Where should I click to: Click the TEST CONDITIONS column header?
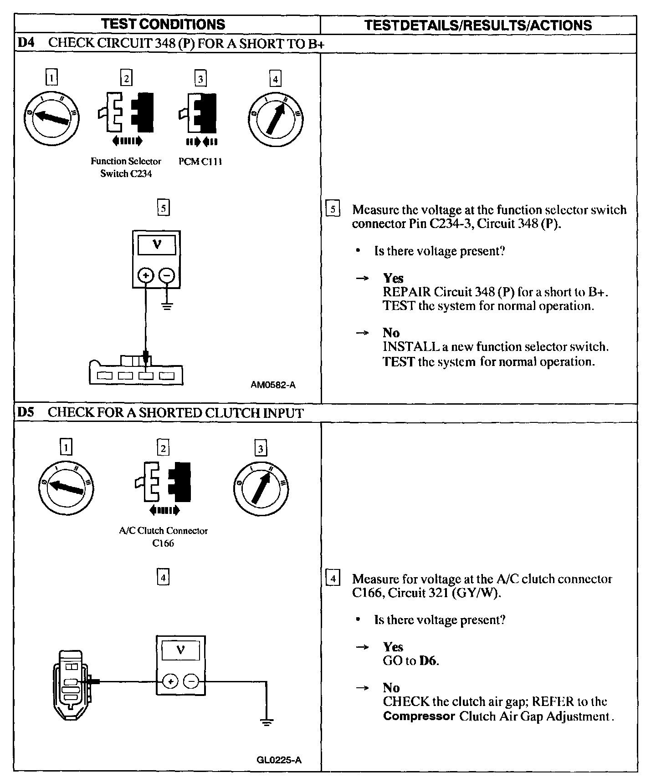[163, 24]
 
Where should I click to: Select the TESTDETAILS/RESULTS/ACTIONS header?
[478, 25]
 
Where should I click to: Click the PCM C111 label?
[200, 162]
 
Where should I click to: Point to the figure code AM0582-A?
[273, 385]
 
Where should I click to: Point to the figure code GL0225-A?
[279, 760]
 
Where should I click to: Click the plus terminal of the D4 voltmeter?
[145, 275]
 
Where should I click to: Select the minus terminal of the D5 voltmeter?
[191, 681]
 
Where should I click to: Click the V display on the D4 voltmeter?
[157, 245]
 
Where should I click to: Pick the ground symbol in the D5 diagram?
[266, 722]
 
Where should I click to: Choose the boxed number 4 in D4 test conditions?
[275, 79]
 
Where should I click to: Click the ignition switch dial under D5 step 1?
[67, 488]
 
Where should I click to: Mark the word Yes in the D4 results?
[393, 278]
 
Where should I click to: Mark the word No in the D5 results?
[391, 688]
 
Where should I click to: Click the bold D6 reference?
[428, 661]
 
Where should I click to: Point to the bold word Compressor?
[419, 716]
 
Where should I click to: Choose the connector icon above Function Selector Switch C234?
[126, 112]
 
